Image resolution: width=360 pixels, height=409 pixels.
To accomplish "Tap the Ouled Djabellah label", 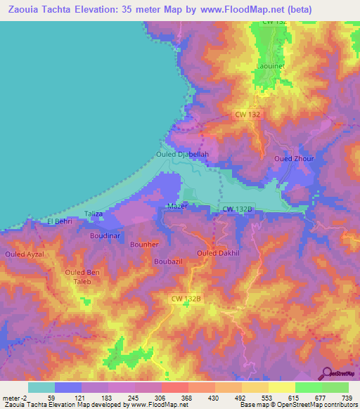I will [182, 154].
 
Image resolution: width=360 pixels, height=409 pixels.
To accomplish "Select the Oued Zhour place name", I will [292, 159].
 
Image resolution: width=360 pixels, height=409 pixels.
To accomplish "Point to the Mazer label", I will [177, 206].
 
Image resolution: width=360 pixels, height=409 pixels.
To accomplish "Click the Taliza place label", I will [94, 214].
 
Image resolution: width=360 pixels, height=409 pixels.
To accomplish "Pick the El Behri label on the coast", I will [59, 222].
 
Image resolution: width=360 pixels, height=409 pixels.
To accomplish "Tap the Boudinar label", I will [105, 235].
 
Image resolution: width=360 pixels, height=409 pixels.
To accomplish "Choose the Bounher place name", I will [145, 244].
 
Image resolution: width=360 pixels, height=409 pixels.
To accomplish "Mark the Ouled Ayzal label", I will [25, 254].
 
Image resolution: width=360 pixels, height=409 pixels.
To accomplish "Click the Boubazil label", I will [168, 261].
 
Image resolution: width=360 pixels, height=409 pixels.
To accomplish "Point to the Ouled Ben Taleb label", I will [83, 276].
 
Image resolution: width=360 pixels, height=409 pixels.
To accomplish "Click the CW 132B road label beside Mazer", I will [238, 209].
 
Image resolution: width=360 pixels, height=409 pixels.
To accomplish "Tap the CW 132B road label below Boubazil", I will [187, 299].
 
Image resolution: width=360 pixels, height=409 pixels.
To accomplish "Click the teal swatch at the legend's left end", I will [41, 387].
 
